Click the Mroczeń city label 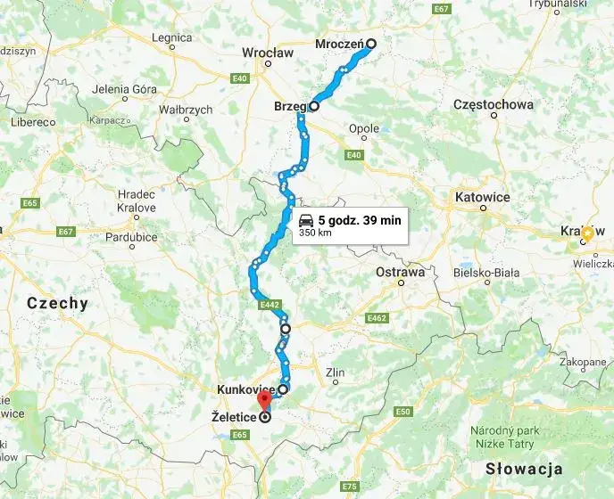point(340,43)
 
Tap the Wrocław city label point(268,53)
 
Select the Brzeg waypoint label point(290,106)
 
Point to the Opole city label point(364,128)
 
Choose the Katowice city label point(482,196)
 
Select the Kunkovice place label point(245,389)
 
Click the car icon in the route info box point(306,220)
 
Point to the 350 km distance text point(314,233)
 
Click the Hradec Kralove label point(137,200)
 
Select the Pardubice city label point(131,237)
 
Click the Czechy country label point(57,303)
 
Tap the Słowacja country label point(523,469)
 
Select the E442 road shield point(271,306)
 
